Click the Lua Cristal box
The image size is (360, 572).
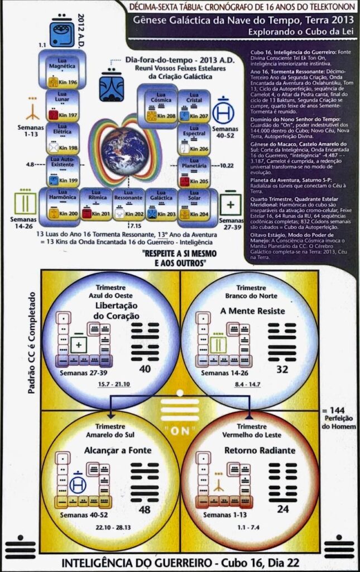[193, 104]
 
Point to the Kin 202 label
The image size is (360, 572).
[135, 214]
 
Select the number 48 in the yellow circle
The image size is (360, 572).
[145, 509]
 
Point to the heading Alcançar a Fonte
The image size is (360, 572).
[109, 451]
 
